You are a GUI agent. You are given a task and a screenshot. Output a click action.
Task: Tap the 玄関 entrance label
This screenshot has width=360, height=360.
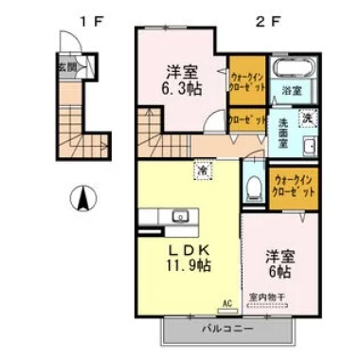pos(65,67)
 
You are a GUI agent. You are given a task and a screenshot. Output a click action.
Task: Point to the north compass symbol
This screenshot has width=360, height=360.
pos(83,200)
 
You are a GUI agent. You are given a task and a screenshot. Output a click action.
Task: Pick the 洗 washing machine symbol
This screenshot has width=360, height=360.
pos(306,117)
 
